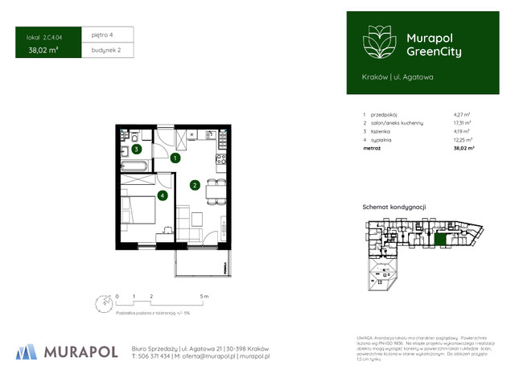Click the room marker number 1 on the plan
tap(175, 158)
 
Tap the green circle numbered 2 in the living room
tap(195, 185)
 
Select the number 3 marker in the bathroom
tap(137, 150)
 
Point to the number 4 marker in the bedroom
tap(163, 195)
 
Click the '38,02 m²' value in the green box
tap(43, 50)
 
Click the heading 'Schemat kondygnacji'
tap(393, 207)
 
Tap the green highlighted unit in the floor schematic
tap(439, 239)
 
